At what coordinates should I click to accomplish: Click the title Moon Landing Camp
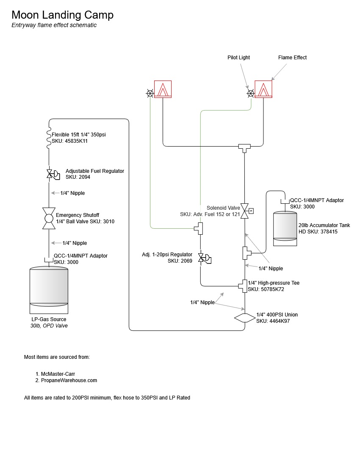click(x=62, y=15)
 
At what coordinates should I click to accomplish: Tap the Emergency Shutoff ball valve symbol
click(x=49, y=218)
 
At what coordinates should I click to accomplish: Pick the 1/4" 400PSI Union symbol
click(x=244, y=318)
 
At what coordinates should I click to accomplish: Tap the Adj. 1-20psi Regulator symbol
click(x=205, y=258)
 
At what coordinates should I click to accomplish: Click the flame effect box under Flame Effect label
click(x=263, y=89)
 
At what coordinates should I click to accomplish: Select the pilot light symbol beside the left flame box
click(x=150, y=93)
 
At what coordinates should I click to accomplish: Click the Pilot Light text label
click(x=238, y=58)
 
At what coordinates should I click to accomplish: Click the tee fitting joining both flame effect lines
click(x=244, y=147)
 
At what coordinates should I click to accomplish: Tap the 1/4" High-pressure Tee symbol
click(x=244, y=286)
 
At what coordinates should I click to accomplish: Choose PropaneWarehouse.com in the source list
click(x=69, y=380)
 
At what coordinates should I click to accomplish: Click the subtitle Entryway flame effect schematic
click(x=54, y=25)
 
